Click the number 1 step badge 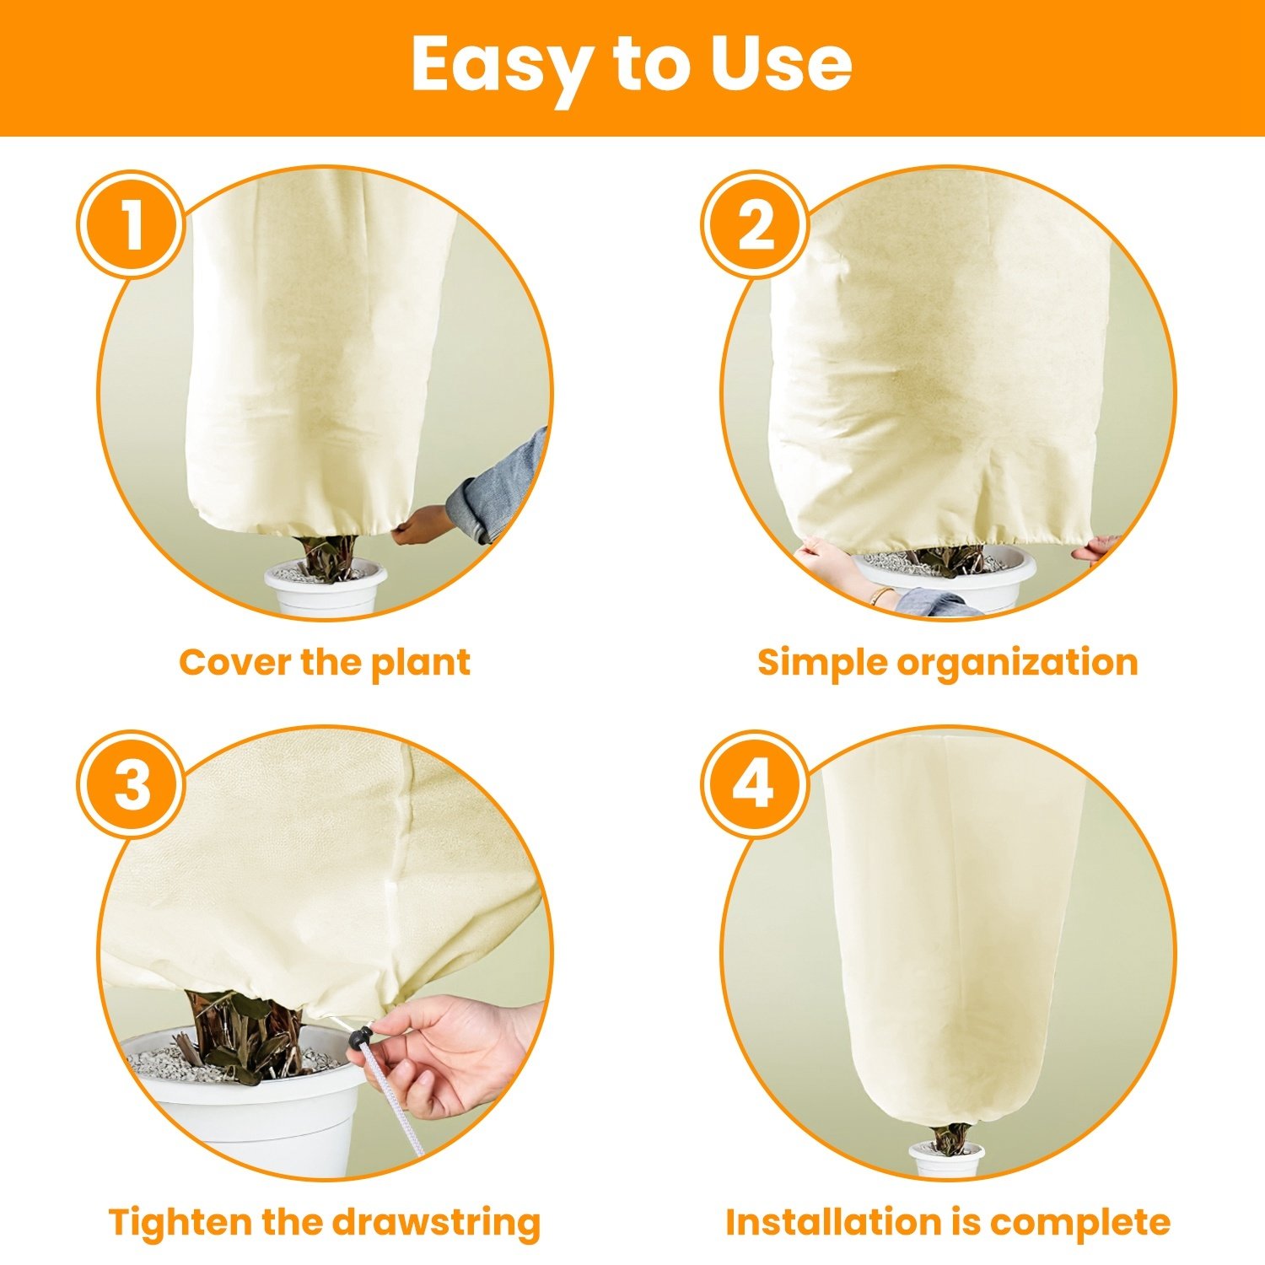(131, 225)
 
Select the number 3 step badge (131, 784)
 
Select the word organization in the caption (1017, 664)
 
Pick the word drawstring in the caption (435, 1224)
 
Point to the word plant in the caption (421, 664)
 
